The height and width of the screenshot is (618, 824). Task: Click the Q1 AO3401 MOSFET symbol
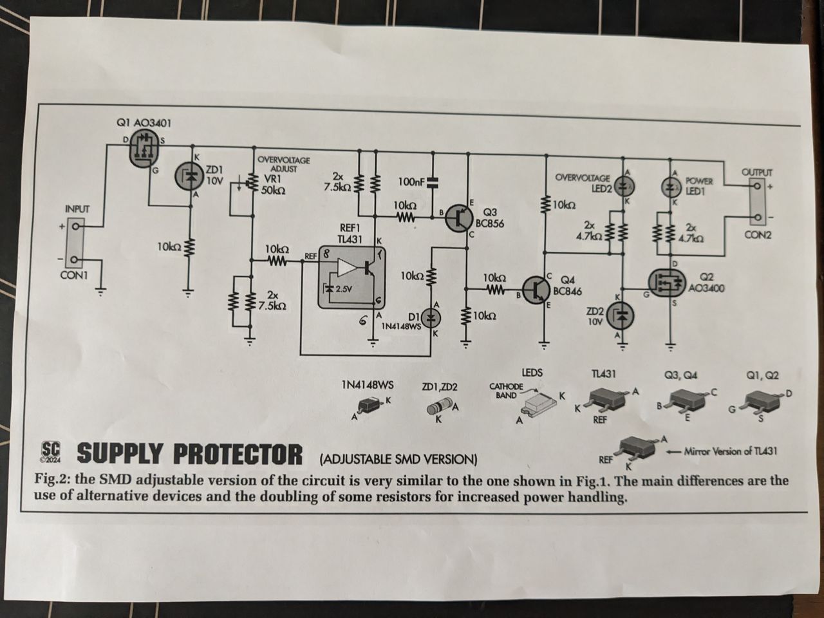(x=142, y=149)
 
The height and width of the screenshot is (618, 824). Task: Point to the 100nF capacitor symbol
(x=432, y=182)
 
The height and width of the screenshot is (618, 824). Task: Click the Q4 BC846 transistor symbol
(x=536, y=290)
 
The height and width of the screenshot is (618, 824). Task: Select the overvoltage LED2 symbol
(x=622, y=185)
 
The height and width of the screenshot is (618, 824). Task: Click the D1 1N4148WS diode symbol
(x=432, y=317)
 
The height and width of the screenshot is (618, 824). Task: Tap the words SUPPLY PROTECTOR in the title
(x=189, y=454)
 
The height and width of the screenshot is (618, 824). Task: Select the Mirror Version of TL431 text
(x=730, y=451)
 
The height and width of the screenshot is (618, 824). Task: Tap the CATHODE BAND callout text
(x=505, y=391)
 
